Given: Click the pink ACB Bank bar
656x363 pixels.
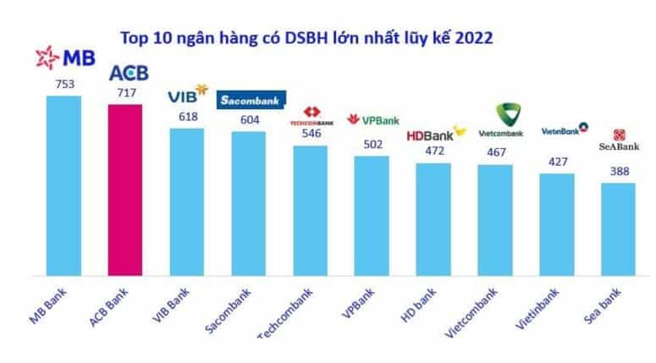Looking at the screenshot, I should pyautogui.click(x=125, y=190).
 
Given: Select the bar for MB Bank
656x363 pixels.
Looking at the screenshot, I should pyautogui.click(x=63, y=185).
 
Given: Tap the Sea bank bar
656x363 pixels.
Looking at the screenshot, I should pyautogui.click(x=618, y=228).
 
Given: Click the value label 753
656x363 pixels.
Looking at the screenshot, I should pyautogui.click(x=63, y=85).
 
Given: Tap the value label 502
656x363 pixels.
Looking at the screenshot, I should pyautogui.click(x=372, y=145).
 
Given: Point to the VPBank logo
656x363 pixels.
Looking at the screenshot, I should pyautogui.click(x=374, y=120).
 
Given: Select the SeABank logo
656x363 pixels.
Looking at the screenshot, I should pyautogui.click(x=620, y=140).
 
